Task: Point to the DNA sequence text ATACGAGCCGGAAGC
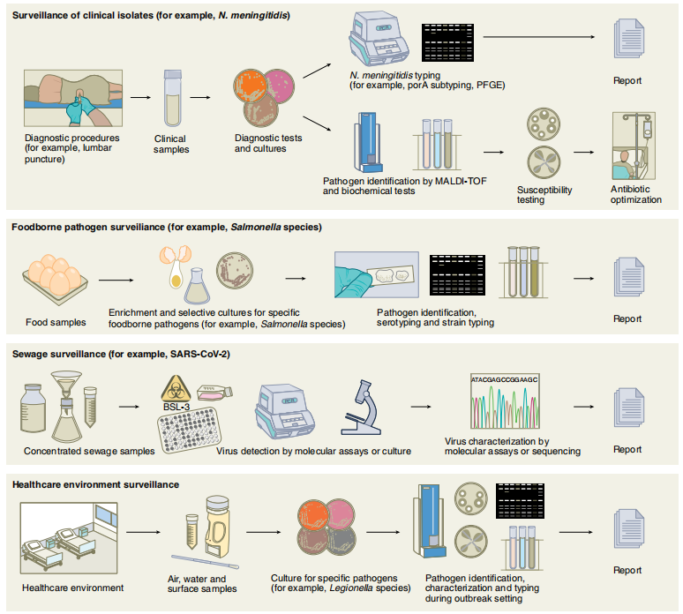[504, 379]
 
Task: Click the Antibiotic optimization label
[635, 194]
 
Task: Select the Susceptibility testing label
[544, 194]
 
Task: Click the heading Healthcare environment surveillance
[96, 484]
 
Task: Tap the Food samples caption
[56, 322]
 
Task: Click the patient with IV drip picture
[634, 146]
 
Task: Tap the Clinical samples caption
[171, 144]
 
